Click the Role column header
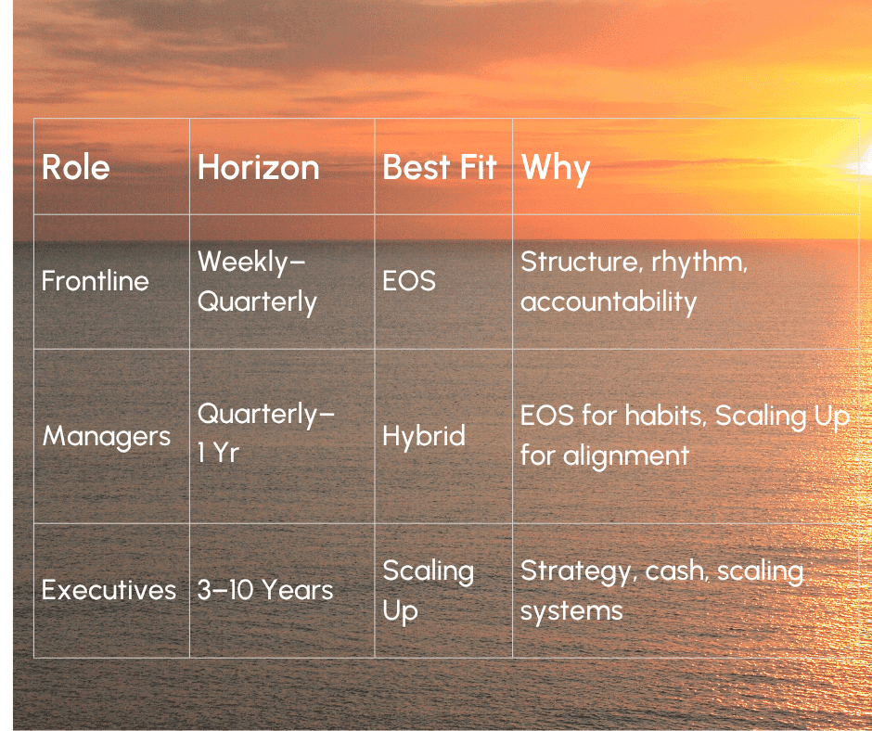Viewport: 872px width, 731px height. pos(76,167)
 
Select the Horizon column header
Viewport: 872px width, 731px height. pos(259,167)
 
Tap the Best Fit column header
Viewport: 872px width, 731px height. pos(440,167)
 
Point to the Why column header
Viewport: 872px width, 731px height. pos(556,169)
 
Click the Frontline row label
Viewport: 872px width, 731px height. pos(96,280)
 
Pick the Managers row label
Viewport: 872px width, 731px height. pos(107,436)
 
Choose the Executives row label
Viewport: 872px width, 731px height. pos(109,590)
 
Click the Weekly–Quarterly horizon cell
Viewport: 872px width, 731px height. pos(257,282)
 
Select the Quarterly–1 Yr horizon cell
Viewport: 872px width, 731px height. pos(266,433)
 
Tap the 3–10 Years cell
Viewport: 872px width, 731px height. pos(265,590)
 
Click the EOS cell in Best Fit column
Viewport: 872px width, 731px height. pos(409,281)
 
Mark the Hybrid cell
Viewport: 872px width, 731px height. pos(424,436)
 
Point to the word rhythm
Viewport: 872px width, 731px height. pos(699,263)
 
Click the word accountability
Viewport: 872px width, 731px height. pos(609,302)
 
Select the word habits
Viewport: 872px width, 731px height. pos(666,416)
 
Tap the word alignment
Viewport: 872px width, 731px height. pos(626,456)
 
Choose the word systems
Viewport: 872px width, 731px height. pos(571,612)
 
